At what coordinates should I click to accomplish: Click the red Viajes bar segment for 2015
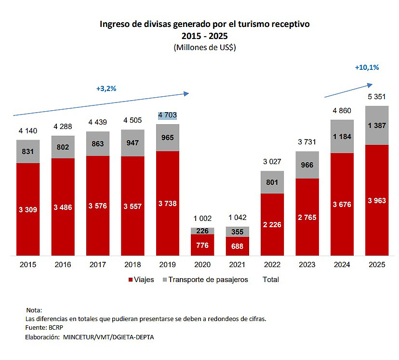tap(28, 209)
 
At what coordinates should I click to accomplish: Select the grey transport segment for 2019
tap(167, 138)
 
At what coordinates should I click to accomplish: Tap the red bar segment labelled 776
tap(202, 244)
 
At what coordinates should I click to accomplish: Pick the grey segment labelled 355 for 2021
tap(237, 231)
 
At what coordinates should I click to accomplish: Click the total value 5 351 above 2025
tap(376, 98)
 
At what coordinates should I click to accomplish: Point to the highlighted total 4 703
tap(167, 116)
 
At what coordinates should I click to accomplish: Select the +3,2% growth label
tap(106, 89)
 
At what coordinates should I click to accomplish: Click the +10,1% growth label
tap(367, 67)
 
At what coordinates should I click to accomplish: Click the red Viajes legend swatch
tap(130, 280)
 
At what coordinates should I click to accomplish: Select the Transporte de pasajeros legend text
tap(208, 280)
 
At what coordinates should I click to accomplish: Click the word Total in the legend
tap(271, 280)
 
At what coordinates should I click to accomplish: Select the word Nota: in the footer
tap(34, 310)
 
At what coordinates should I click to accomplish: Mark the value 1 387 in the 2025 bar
tap(376, 125)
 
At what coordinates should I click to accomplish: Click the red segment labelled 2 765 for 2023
tap(306, 217)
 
